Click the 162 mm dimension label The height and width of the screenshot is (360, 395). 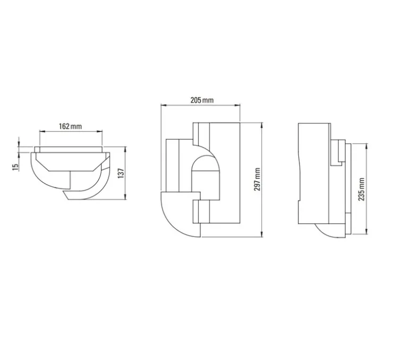(71, 126)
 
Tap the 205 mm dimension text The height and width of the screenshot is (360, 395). (202, 100)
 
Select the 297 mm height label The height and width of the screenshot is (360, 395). (257, 179)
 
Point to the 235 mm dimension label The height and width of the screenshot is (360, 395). (362, 189)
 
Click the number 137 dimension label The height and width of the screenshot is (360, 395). (121, 173)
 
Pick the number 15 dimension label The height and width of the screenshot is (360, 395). (15, 167)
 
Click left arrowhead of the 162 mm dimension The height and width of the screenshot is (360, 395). (41, 131)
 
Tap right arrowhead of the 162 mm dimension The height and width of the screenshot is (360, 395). (100, 131)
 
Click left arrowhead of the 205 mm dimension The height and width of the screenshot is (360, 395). (163, 105)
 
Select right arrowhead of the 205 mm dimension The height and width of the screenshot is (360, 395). (238, 105)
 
